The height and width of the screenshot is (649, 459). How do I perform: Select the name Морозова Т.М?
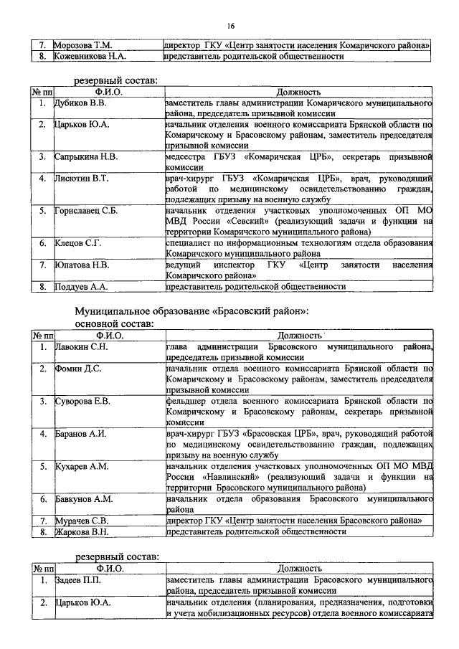click(x=82, y=45)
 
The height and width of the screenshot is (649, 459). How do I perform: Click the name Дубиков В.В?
click(x=80, y=103)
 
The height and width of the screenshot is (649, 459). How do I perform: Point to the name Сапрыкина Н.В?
click(x=86, y=156)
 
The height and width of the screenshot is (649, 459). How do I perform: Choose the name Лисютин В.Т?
click(x=82, y=177)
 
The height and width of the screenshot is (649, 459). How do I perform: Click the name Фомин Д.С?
click(x=78, y=369)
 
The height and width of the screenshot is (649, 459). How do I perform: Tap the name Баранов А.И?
click(x=80, y=433)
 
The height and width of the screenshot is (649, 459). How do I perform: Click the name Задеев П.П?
click(x=79, y=579)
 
